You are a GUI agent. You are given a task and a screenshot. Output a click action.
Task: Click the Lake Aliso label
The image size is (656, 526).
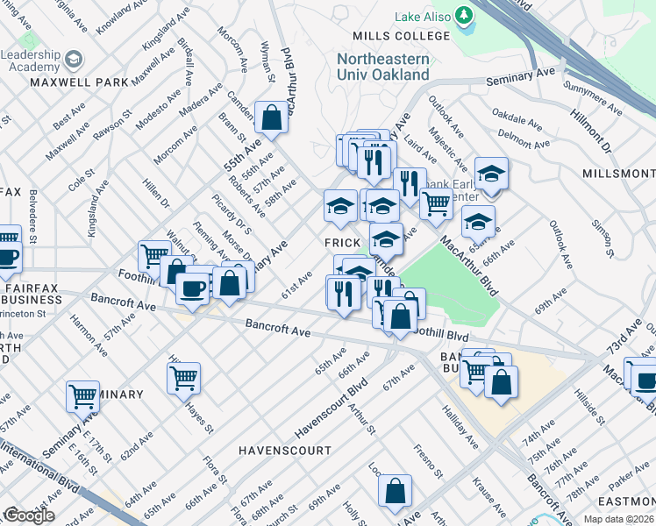pyautogui.click(x=423, y=17)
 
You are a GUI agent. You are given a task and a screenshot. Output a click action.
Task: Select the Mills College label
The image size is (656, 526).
pyautogui.click(x=400, y=36)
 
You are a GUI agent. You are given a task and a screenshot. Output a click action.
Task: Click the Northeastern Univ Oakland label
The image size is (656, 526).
pyautogui.click(x=384, y=67)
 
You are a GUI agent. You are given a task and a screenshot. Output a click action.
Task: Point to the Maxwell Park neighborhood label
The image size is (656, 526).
pyautogui.click(x=79, y=82)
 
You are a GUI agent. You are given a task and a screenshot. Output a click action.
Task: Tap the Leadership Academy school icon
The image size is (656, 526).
pyautogui.click(x=74, y=60)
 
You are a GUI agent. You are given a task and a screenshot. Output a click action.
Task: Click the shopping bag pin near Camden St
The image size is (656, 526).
pyautogui.click(x=272, y=117)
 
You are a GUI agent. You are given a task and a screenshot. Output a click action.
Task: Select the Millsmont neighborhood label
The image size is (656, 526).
pyautogui.click(x=618, y=174)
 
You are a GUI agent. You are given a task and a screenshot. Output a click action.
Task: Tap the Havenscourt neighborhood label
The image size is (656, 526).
pyautogui.click(x=285, y=451)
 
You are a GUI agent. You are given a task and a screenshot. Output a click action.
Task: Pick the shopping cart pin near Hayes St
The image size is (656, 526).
pyautogui.click(x=183, y=378)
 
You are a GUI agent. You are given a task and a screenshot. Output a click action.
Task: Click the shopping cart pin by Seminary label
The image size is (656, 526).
pyautogui.click(x=82, y=395)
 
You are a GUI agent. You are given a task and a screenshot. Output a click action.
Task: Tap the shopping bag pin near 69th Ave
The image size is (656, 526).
pyautogui.click(x=395, y=490)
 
